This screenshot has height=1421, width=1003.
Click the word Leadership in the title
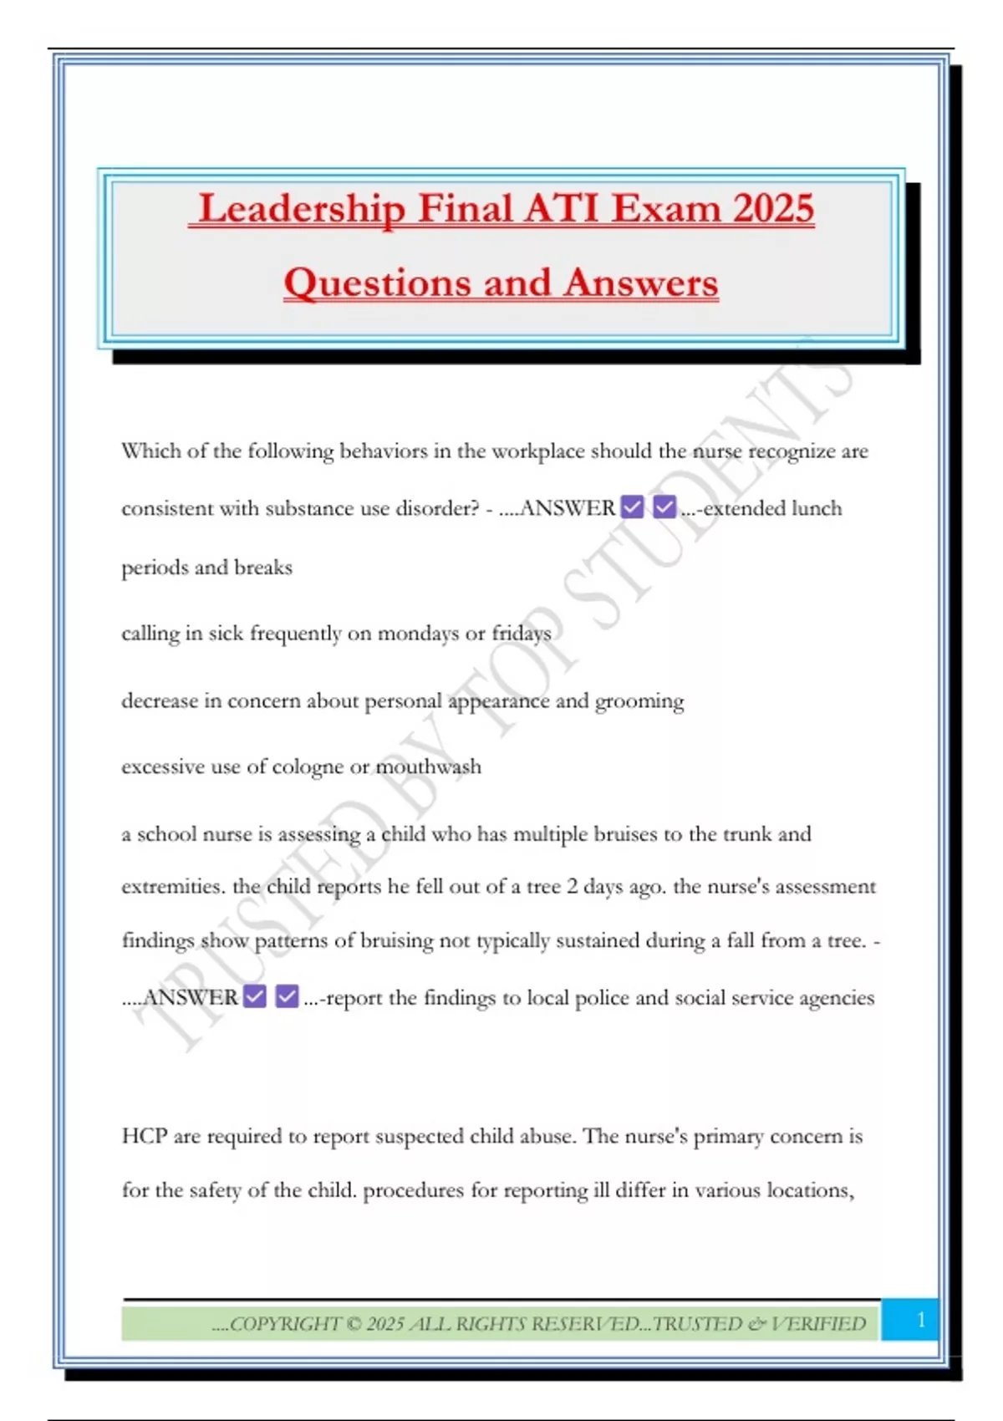point(302,209)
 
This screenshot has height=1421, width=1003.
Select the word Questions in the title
point(375,283)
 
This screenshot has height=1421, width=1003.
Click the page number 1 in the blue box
point(920,1320)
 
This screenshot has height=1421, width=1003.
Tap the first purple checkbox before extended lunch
point(633,507)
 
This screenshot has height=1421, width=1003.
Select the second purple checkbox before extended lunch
point(664,507)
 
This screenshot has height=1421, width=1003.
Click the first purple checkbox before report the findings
point(255,996)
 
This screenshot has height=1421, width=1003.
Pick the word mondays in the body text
point(417,634)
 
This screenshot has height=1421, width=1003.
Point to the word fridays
point(522,634)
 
